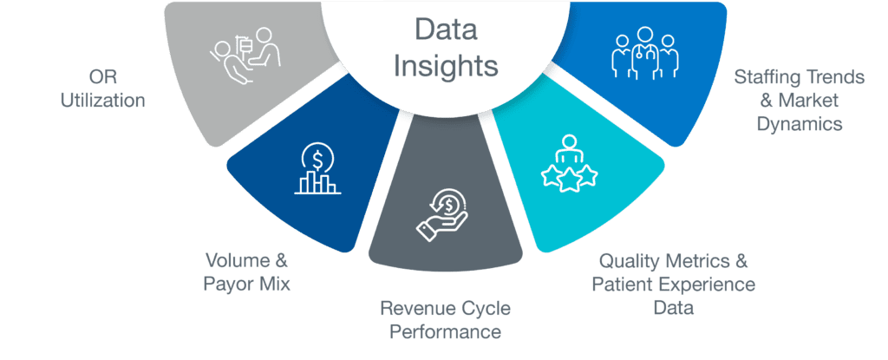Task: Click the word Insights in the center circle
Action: [x=445, y=66]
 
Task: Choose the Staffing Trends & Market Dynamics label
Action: [x=799, y=101]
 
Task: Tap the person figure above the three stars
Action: [x=570, y=150]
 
